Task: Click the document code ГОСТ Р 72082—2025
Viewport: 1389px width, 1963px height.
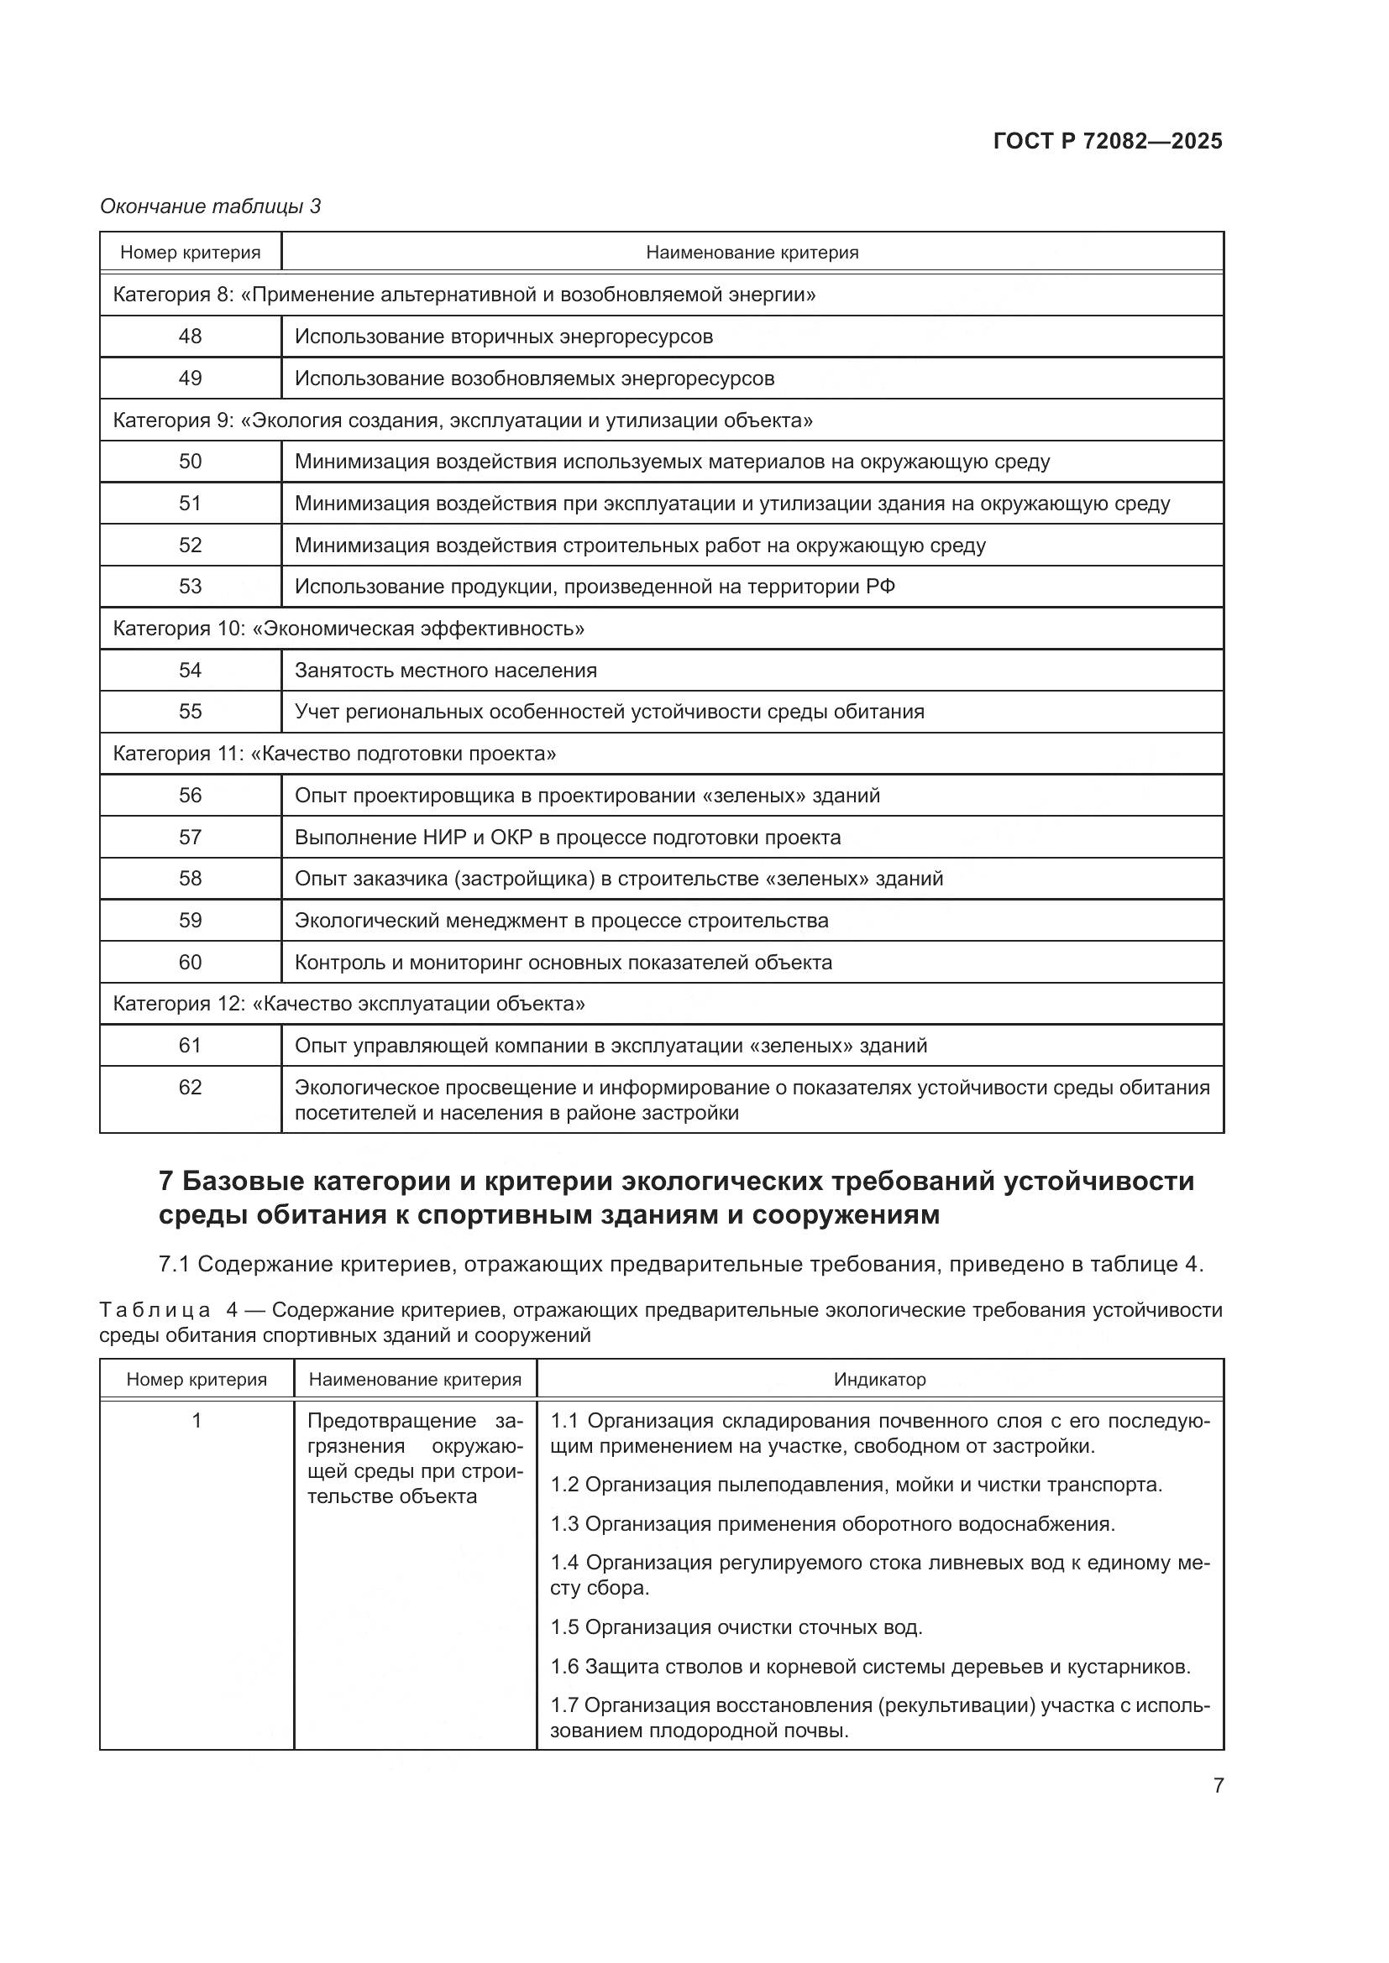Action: coord(1107,141)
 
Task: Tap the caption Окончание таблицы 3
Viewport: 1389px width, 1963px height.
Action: coord(211,206)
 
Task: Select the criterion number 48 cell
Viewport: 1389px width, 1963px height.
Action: coord(190,336)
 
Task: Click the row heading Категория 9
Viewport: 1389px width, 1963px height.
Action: coord(462,420)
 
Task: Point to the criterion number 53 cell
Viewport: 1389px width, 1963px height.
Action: coord(190,587)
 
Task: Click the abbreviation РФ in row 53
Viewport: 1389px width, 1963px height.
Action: coord(880,587)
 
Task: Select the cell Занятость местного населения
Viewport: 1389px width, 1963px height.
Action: coord(446,671)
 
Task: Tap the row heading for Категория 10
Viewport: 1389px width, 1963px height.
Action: coord(349,629)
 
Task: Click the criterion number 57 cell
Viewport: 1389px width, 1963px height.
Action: coord(190,837)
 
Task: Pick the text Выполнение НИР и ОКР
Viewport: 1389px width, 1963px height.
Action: coord(413,837)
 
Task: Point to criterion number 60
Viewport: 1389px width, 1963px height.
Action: coord(190,962)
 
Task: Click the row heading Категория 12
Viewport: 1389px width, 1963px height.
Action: coord(349,1004)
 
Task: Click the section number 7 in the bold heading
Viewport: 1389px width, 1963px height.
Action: coord(167,1182)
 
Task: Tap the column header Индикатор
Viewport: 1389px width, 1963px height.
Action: coord(879,1379)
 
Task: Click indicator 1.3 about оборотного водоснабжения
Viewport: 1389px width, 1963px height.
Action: coord(832,1523)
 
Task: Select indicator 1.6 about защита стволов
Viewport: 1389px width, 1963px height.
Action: coord(870,1667)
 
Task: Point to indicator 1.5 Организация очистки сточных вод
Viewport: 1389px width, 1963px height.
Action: coord(736,1627)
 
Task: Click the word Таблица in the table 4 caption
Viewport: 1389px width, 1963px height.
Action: coord(155,1311)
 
